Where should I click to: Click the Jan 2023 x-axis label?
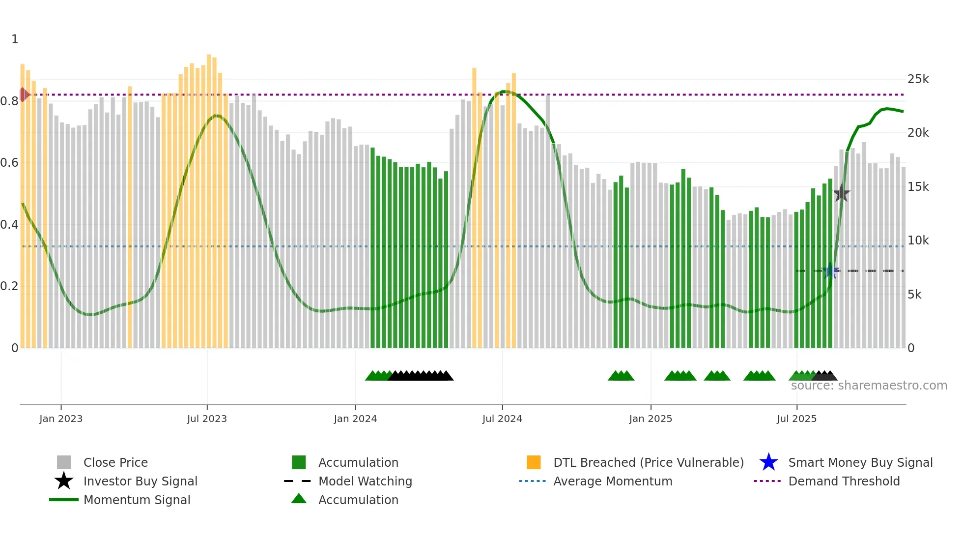[61, 419]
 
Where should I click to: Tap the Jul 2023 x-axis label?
[207, 419]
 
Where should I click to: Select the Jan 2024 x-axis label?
[355, 419]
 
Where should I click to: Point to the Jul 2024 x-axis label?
[502, 419]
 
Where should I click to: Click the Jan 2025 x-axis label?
[651, 419]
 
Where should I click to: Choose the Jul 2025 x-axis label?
[796, 419]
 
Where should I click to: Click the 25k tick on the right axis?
[918, 79]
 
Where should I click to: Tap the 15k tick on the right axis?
[918, 187]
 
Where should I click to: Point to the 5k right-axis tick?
[914, 295]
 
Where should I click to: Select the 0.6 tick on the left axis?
[9, 163]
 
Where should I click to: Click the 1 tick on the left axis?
[15, 39]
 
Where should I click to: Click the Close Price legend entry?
[115, 462]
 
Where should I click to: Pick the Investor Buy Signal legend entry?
[140, 481]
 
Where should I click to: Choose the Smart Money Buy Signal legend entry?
[860, 462]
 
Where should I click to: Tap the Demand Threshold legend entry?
[844, 481]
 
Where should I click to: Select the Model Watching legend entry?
[365, 481]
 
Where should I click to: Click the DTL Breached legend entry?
[648, 462]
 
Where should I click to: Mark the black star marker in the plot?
[841, 193]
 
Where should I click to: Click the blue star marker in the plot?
[830, 271]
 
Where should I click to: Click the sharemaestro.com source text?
[869, 386]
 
